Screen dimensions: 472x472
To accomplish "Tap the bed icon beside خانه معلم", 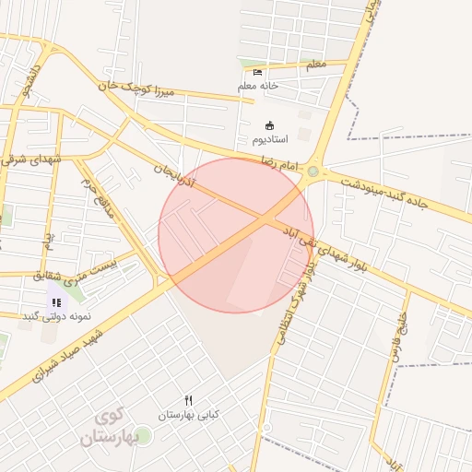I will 257,72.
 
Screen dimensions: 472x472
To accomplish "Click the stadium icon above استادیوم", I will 270,125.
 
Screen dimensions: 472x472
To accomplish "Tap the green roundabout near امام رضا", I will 313,171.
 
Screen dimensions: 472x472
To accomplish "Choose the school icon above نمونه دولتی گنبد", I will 56,301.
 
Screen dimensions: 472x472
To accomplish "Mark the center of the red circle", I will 236,235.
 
